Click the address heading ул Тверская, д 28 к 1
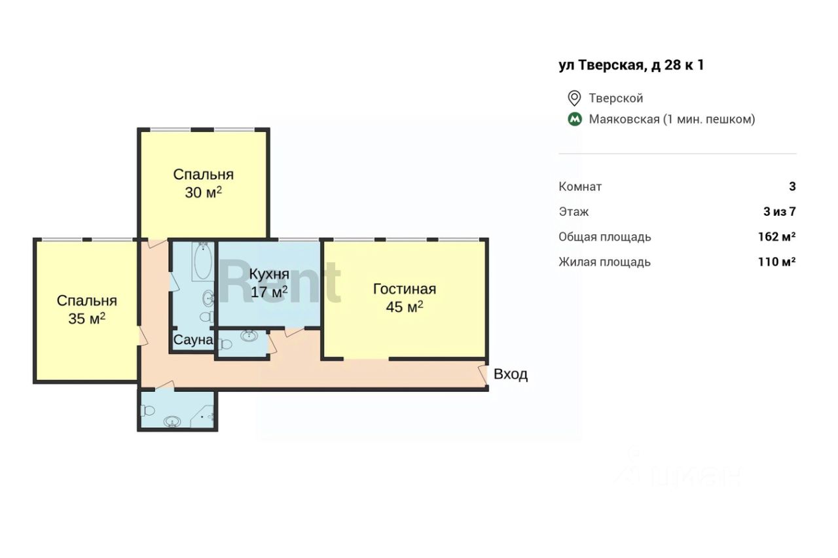631,65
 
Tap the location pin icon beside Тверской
574,98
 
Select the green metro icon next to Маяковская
575,119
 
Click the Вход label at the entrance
511,374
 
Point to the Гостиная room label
405,289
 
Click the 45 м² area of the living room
405,307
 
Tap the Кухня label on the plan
269,274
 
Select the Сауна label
193,340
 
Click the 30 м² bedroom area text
203,192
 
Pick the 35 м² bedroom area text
86,319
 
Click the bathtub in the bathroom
203,262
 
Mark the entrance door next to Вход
483,375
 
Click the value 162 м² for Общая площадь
776,237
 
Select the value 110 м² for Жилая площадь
776,262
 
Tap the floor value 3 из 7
779,212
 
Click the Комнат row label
580,186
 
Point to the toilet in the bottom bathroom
147,411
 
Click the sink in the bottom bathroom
172,421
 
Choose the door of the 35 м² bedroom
143,336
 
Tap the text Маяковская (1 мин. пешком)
672,119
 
